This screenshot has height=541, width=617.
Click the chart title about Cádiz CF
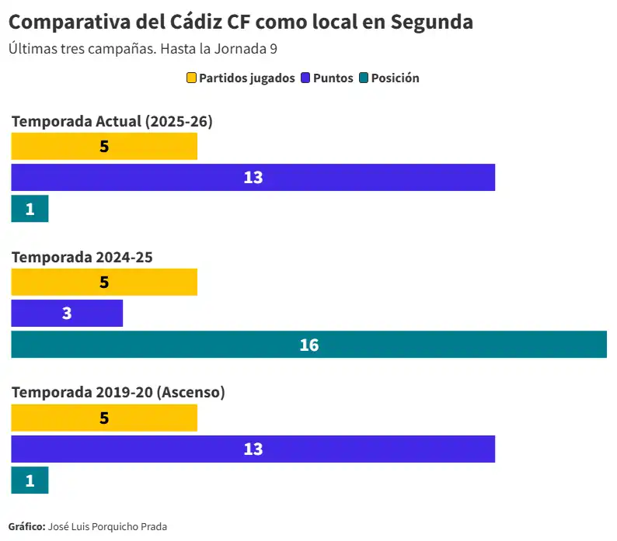click(240, 22)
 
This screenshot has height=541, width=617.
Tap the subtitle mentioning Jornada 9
click(143, 48)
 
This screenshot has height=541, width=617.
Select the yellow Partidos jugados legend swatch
click(191, 78)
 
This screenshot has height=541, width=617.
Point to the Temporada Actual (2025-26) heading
click(112, 121)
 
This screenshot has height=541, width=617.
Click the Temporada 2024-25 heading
click(82, 257)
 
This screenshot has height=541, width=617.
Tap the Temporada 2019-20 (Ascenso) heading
click(118, 392)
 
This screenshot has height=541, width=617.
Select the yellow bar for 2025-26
click(104, 147)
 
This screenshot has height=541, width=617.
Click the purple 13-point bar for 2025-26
click(253, 177)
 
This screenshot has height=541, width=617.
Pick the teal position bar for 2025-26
click(30, 209)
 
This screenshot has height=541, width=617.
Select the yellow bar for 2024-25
click(104, 283)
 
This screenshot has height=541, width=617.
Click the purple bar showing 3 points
click(67, 314)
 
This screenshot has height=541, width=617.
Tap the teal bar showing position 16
click(308, 345)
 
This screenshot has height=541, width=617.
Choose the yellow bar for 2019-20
click(104, 418)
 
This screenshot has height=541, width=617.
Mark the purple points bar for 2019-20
click(253, 449)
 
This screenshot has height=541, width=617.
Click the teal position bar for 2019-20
click(30, 480)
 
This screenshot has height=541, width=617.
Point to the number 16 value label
click(309, 345)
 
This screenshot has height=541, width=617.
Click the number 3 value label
click(67, 314)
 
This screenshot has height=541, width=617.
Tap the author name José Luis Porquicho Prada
click(107, 526)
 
